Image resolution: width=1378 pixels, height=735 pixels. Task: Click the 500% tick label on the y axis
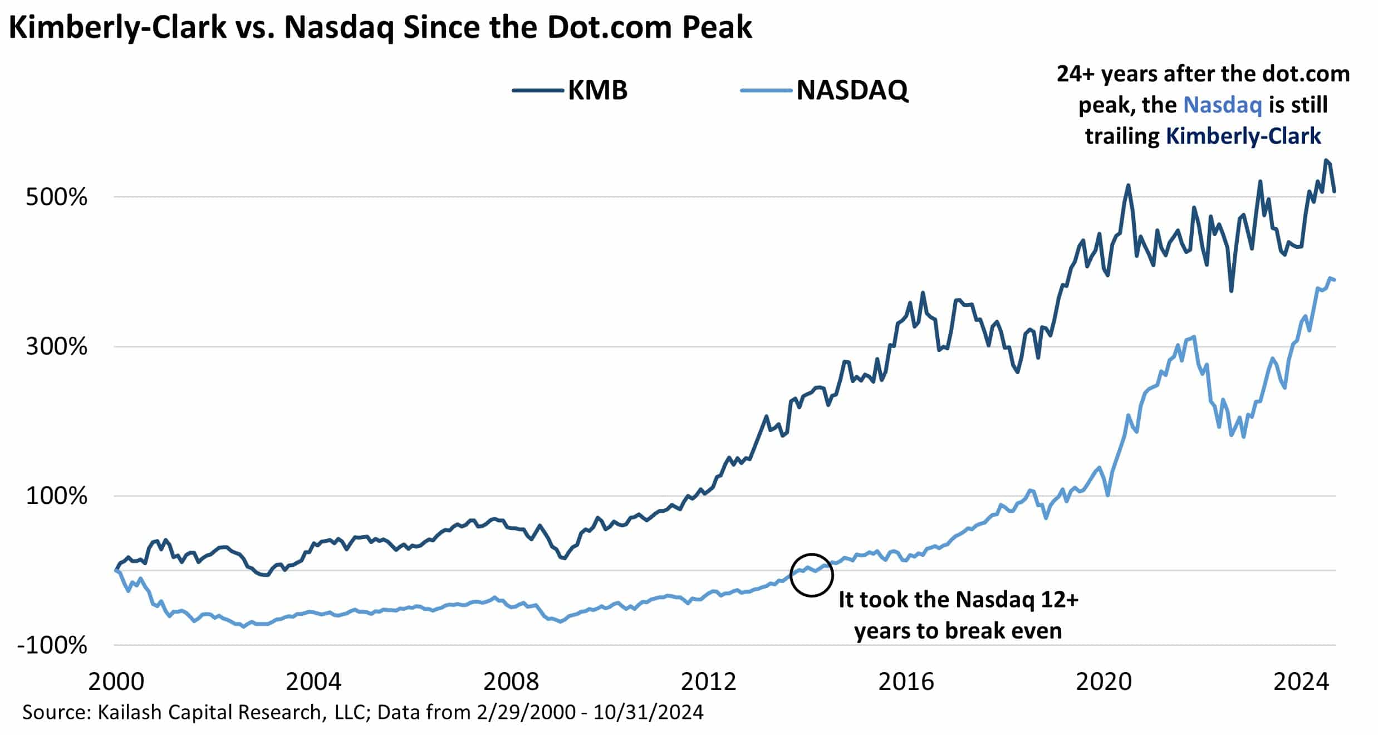(x=56, y=197)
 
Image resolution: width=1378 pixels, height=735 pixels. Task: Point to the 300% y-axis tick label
(x=56, y=347)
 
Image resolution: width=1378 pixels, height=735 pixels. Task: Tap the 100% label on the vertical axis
(x=56, y=496)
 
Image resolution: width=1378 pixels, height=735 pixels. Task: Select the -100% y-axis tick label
(x=52, y=646)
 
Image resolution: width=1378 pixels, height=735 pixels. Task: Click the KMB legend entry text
(x=597, y=90)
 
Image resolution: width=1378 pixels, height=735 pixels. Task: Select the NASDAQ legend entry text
(x=852, y=90)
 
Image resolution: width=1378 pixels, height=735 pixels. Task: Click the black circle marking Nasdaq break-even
(x=811, y=575)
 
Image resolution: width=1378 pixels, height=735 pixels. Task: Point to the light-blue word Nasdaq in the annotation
(x=1222, y=105)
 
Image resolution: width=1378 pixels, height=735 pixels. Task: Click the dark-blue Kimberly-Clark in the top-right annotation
(x=1243, y=136)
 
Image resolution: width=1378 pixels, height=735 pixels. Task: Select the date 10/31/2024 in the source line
(x=648, y=712)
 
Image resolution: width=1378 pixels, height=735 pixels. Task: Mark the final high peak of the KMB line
(x=1326, y=160)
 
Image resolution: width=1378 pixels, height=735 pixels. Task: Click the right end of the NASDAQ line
(x=1335, y=280)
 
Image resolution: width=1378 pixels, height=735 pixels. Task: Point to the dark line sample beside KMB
(x=538, y=90)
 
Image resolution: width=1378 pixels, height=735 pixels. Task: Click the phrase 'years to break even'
(x=958, y=631)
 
